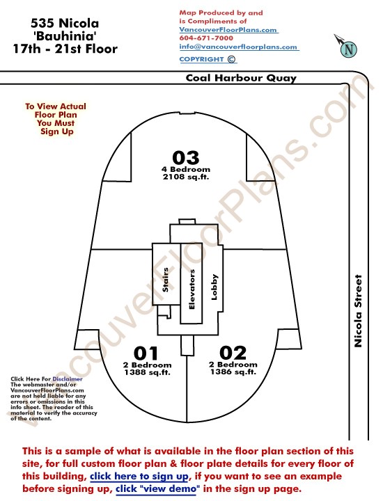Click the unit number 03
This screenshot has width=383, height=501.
[x=185, y=157]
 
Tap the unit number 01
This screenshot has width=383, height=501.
[x=146, y=353]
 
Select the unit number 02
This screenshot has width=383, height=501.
[x=233, y=353]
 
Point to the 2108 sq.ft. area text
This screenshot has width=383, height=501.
[x=186, y=177]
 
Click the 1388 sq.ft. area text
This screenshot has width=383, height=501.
[x=148, y=372]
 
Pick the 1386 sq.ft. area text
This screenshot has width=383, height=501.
[x=233, y=372]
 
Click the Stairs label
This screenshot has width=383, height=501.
[x=165, y=280]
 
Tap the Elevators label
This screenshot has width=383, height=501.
[x=191, y=289]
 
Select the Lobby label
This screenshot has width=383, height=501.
[x=214, y=287]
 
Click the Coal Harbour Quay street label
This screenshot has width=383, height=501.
[x=241, y=78]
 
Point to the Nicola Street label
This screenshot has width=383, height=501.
[x=358, y=311]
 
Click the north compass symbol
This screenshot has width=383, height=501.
[x=346, y=47]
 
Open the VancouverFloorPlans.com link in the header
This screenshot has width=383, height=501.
[x=228, y=30]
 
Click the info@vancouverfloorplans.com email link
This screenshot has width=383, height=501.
[x=238, y=47]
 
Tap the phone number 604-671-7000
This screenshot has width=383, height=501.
[x=206, y=38]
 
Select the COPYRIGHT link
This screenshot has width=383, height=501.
[x=208, y=59]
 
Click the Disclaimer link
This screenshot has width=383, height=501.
[x=68, y=379]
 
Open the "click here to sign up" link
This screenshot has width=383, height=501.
[x=139, y=477]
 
